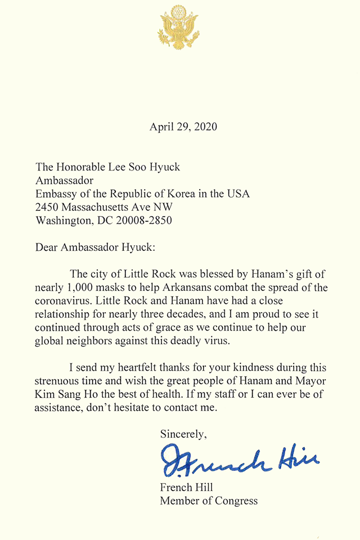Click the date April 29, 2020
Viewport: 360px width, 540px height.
[x=183, y=127]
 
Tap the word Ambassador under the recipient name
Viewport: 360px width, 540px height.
[x=64, y=180]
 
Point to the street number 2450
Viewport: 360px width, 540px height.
[x=48, y=207]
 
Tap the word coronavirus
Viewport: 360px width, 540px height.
[x=63, y=300]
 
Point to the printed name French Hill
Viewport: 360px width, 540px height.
[x=184, y=488]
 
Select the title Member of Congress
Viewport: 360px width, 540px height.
[x=209, y=501]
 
